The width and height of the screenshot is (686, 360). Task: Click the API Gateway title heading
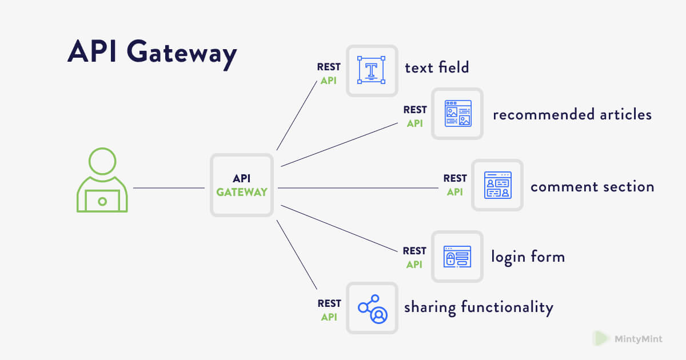[152, 53]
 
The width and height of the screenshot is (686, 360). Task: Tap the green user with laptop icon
[102, 181]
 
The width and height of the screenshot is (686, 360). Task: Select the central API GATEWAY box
[241, 185]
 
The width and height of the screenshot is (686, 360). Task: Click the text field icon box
[372, 71]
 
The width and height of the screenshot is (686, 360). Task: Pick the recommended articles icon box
[457, 114]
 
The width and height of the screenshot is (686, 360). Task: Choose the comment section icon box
[497, 185]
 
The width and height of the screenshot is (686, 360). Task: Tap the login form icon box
[457, 257]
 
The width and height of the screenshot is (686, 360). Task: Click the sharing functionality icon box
[372, 308]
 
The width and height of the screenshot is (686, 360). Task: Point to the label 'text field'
[437, 67]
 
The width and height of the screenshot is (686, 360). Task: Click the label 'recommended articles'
[572, 114]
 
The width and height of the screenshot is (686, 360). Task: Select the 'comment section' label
[592, 187]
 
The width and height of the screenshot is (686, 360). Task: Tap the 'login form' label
[528, 257]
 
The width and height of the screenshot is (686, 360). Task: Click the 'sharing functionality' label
[478, 308]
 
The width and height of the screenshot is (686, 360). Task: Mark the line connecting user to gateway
[169, 187]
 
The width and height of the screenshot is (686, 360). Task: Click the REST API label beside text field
[329, 74]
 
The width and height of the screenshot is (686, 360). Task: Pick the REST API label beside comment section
[455, 185]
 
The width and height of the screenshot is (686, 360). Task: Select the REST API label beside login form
[414, 257]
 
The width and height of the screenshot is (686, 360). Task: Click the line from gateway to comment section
[354, 187]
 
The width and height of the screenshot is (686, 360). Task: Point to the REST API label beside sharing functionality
[329, 310]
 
